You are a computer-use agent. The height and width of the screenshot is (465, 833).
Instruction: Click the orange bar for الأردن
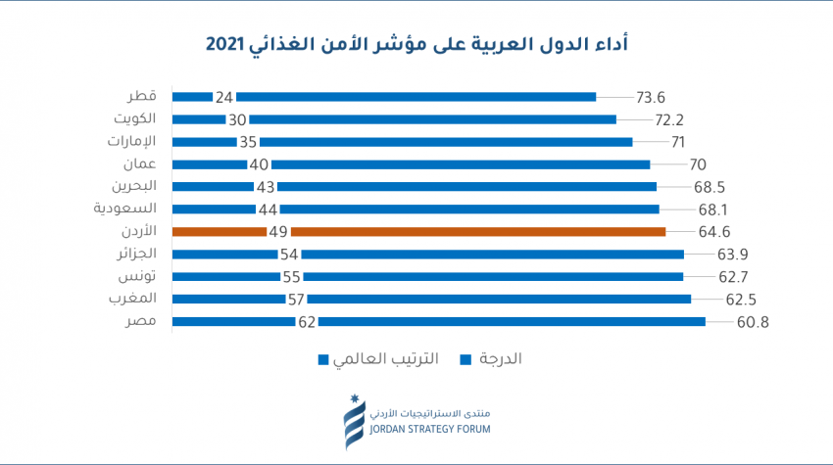tap(478, 232)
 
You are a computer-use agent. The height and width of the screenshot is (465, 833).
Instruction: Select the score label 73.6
tap(651, 97)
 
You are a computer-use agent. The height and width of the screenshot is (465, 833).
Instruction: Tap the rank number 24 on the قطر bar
tap(224, 97)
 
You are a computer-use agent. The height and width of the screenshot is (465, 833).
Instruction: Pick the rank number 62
tap(307, 322)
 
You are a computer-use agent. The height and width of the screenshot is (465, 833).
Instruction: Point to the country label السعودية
tap(125, 209)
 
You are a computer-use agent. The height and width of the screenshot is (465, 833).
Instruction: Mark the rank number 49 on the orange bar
tap(279, 232)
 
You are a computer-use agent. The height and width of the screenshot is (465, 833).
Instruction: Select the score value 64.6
tap(688, 232)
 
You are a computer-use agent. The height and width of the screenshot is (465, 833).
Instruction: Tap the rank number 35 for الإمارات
tap(248, 142)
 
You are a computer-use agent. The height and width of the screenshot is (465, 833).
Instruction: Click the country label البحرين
tap(132, 186)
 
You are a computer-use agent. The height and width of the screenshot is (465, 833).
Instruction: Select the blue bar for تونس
tap(490, 277)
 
